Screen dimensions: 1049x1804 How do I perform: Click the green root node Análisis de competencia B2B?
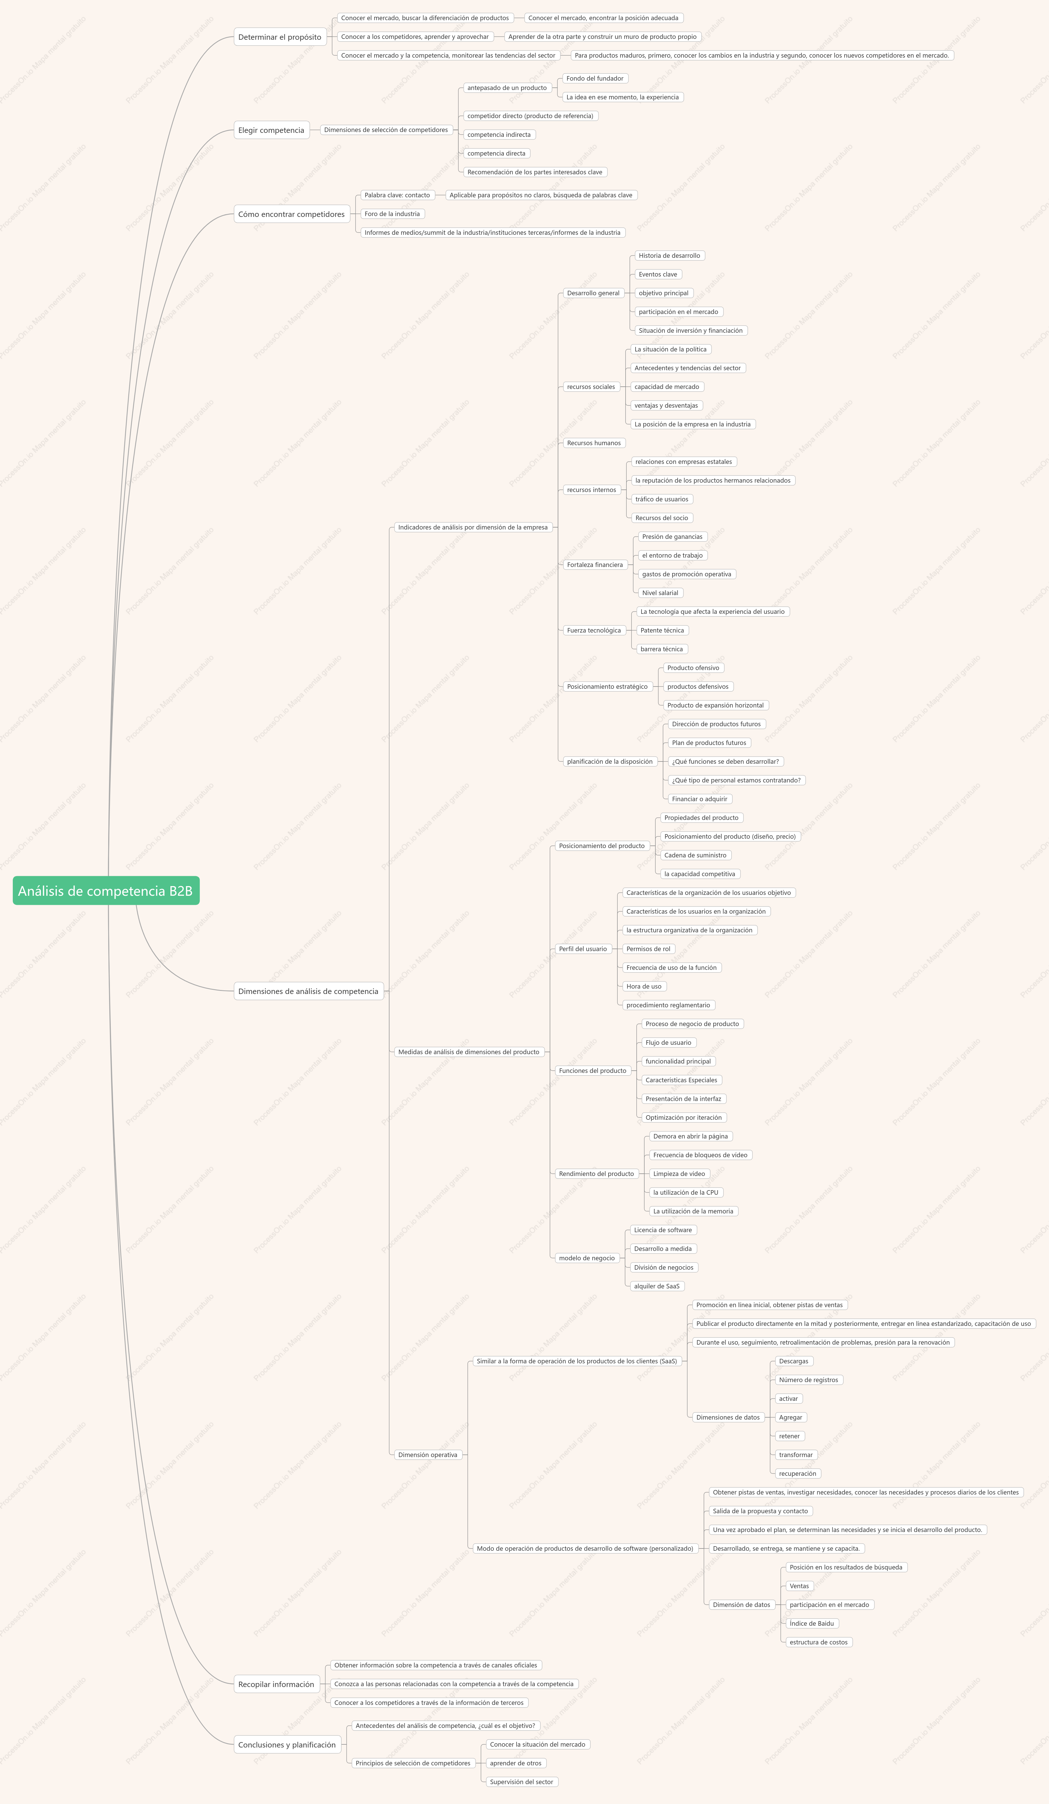point(106,891)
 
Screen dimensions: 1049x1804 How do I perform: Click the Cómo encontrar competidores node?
point(291,214)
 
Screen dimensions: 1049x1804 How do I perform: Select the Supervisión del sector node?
point(521,1782)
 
